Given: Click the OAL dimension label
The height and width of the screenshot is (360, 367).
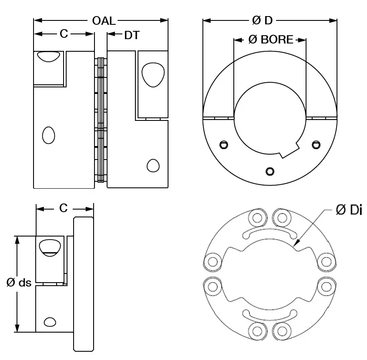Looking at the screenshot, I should pos(104,20).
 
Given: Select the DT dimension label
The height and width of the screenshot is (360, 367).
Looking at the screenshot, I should pos(132,35).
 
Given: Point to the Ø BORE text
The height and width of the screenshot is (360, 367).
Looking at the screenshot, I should pos(270,40).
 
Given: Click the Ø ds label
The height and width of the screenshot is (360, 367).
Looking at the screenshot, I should pos(19,283).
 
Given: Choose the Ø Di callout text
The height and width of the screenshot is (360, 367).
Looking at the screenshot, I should pos(350,210).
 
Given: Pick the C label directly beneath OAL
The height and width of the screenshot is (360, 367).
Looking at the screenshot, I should pos(64,34).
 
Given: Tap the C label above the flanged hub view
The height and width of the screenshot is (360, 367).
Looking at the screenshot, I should pos(64,209).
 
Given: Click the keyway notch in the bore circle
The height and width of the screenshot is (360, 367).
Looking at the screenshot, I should pos(287,153).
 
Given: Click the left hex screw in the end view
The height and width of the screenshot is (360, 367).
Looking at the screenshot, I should pos(224,144).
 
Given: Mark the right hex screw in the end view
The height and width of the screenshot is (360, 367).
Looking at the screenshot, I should pos(316,144).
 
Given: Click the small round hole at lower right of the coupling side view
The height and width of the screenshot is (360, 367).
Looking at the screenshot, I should pos(153,166).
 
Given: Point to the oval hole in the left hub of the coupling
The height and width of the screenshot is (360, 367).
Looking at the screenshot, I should pos(48,135).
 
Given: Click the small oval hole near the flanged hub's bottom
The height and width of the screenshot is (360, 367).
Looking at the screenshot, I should pos(50,322).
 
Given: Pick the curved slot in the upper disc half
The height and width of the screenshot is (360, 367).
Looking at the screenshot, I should pos(266,234).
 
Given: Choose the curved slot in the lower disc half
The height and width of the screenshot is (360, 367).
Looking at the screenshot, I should pos(266,314).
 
